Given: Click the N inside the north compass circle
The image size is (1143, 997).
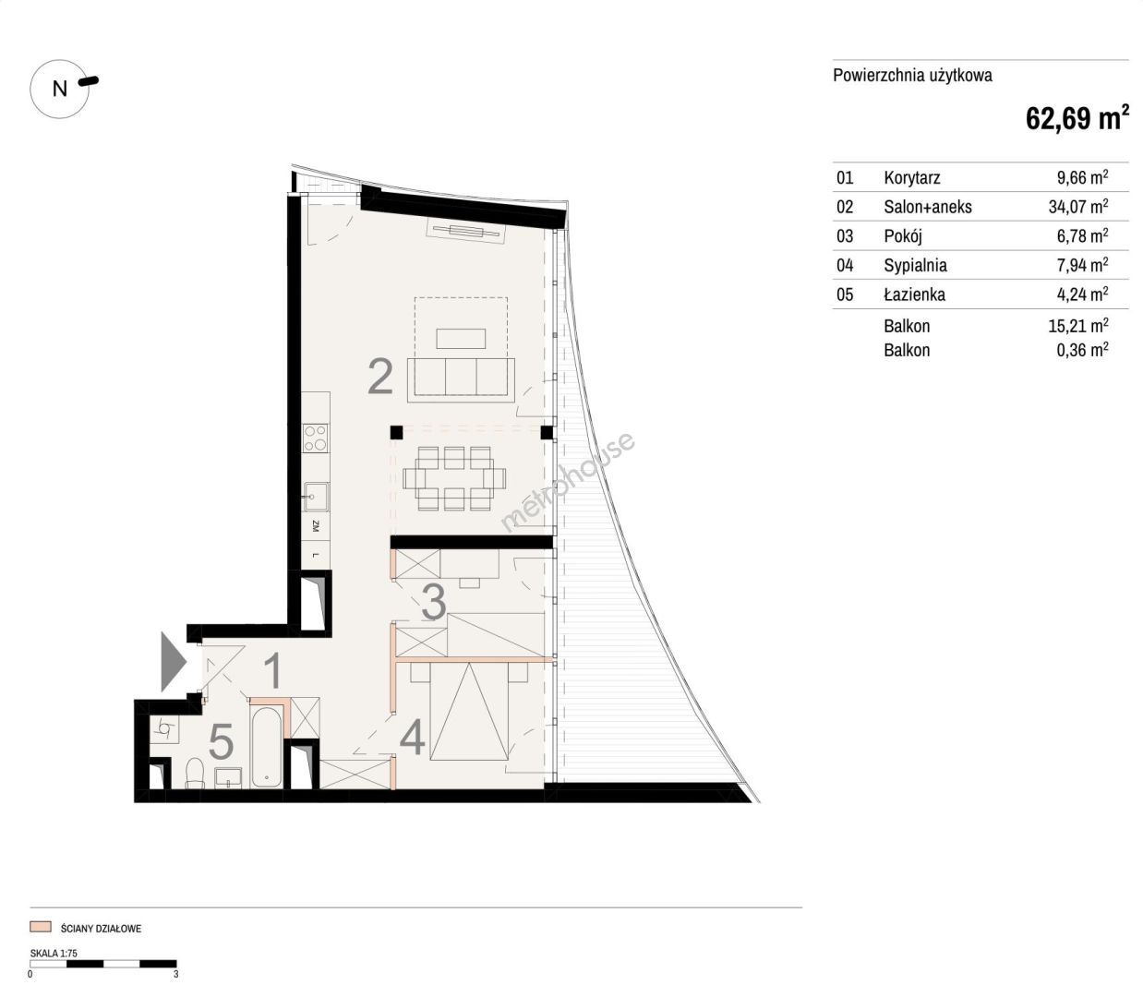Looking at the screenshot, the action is [x=60, y=89].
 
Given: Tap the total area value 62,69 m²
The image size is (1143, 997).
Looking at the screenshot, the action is [x=1077, y=118].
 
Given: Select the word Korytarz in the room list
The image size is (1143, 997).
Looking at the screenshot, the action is [x=911, y=177].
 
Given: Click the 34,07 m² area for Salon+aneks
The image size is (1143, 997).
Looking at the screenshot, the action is [x=1078, y=207].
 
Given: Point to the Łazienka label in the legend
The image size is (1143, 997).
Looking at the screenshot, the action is [x=915, y=294].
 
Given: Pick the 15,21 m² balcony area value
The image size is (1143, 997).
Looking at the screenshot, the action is [x=1078, y=326].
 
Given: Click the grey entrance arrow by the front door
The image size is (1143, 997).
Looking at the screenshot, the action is [x=174, y=662].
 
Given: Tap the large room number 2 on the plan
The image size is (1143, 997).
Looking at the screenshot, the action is [x=380, y=377].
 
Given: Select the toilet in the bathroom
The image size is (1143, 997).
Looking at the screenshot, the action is [x=195, y=773].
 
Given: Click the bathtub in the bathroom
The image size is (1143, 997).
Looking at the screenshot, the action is [x=267, y=748].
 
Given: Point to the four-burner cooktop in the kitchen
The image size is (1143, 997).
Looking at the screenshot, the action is [x=315, y=438].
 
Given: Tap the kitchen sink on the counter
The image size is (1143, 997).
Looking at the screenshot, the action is [x=316, y=497].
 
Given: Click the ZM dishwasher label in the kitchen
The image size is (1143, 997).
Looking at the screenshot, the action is [x=316, y=526].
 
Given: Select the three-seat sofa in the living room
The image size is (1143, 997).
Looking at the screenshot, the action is [x=461, y=379].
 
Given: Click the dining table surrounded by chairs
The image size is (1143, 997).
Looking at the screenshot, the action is [x=454, y=479].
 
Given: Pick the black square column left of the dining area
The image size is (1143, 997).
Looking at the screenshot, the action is [x=396, y=432].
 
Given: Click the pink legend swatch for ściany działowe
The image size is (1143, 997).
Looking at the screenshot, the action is [x=41, y=927].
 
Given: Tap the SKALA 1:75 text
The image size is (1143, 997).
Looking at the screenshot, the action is [x=54, y=953].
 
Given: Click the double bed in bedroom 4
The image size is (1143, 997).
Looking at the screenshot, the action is [x=469, y=712].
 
